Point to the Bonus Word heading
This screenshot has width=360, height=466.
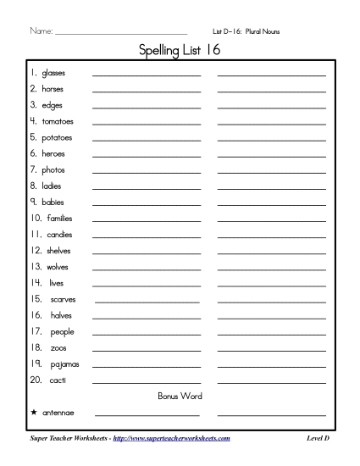click(x=180, y=396)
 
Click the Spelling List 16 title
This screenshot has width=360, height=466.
click(x=180, y=52)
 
